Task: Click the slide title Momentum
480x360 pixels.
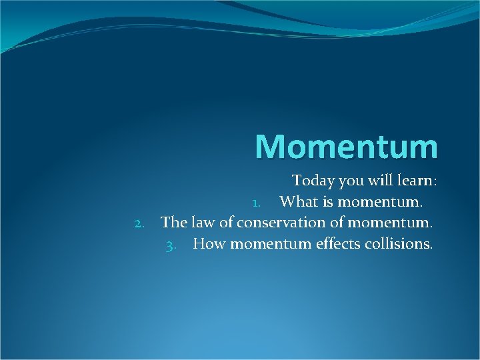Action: coord(346,147)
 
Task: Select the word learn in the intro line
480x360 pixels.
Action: coord(417,181)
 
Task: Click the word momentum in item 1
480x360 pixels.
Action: coord(386,201)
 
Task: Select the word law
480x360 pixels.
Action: coord(203,222)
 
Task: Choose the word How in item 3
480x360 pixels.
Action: coord(209,243)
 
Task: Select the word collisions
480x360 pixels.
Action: coord(399,243)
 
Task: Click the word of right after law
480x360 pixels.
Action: coord(225,222)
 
